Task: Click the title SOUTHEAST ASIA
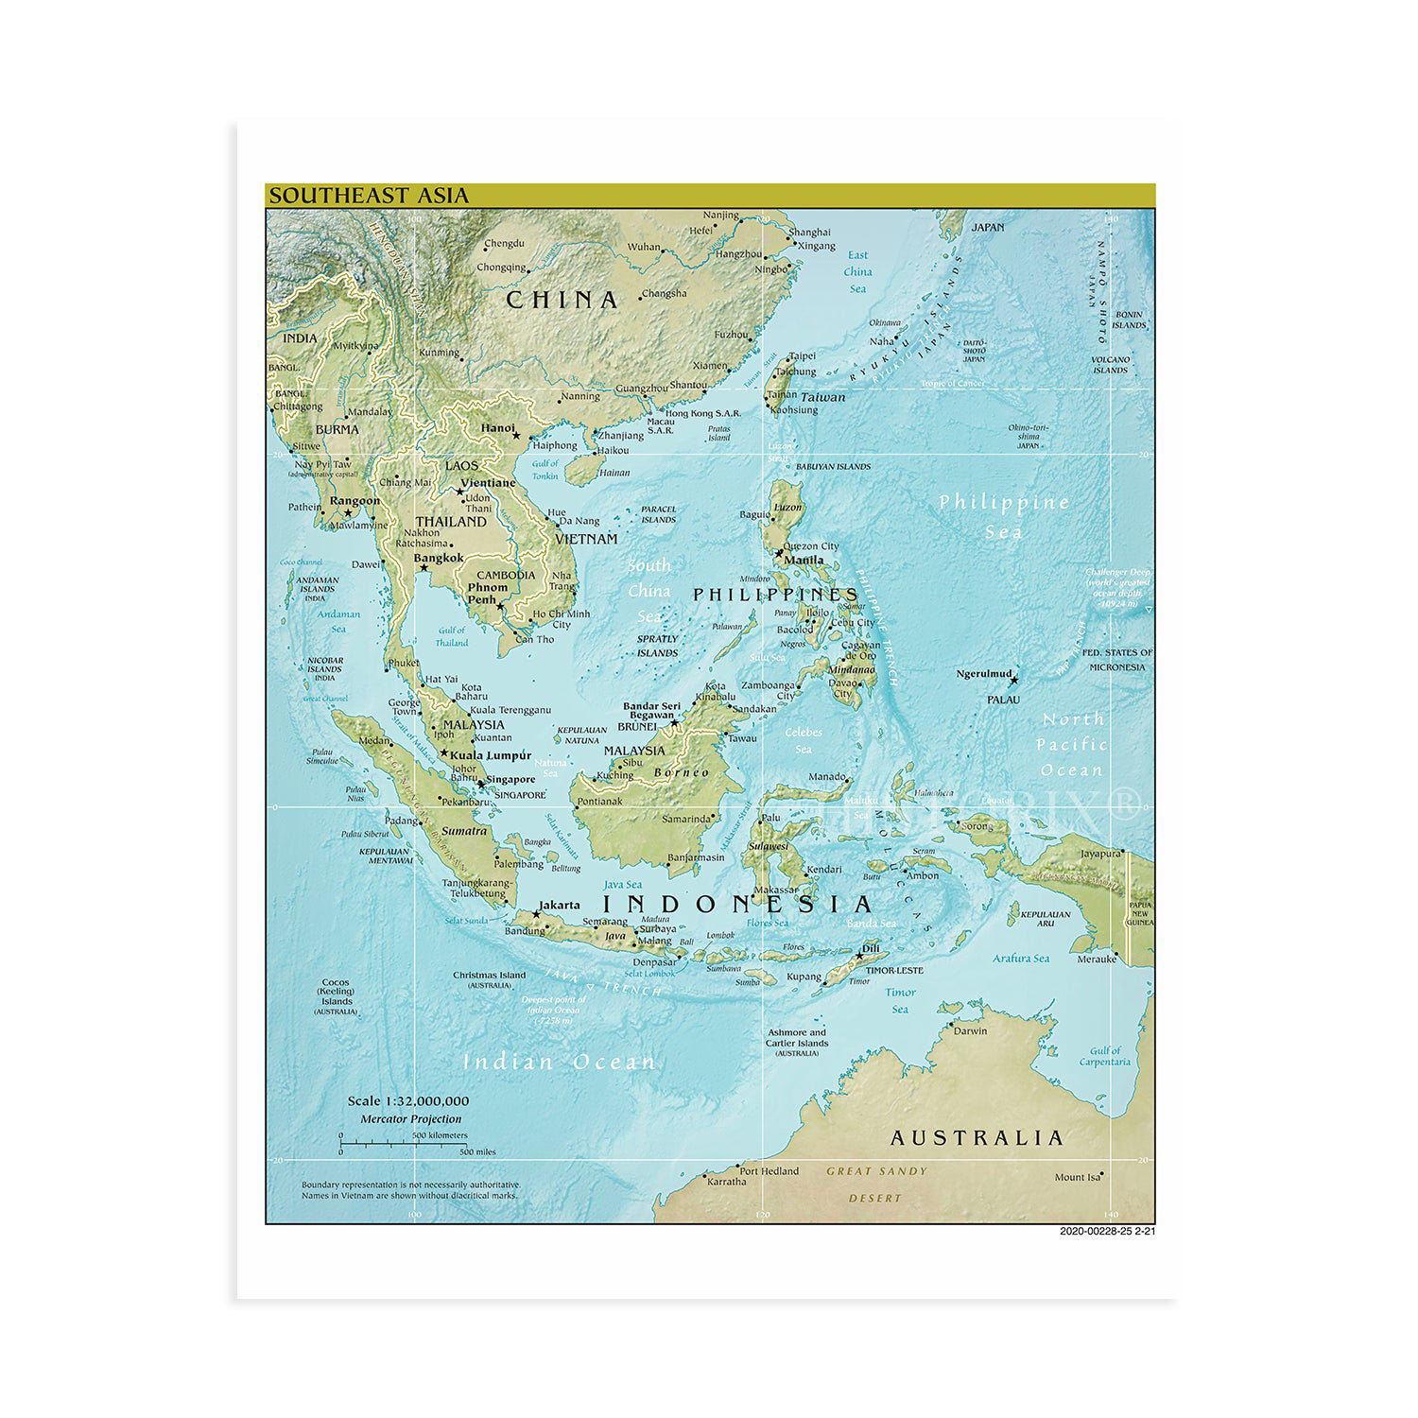(369, 196)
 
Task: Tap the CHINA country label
(562, 301)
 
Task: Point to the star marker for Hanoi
(516, 437)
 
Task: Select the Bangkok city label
(439, 558)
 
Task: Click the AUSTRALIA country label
(977, 1138)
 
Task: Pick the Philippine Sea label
(1004, 516)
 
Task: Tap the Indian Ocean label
(559, 1063)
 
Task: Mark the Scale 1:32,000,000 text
(407, 1101)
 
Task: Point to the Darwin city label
(970, 1031)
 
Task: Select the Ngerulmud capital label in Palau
(984, 674)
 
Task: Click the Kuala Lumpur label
(490, 755)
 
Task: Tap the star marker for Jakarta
(536, 914)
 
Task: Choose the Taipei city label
(802, 356)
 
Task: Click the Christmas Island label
(489, 976)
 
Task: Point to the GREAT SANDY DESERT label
(876, 1184)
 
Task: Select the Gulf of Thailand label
(451, 636)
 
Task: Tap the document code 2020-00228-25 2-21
(1107, 1231)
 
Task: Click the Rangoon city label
(354, 501)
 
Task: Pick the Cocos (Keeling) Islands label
(336, 993)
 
